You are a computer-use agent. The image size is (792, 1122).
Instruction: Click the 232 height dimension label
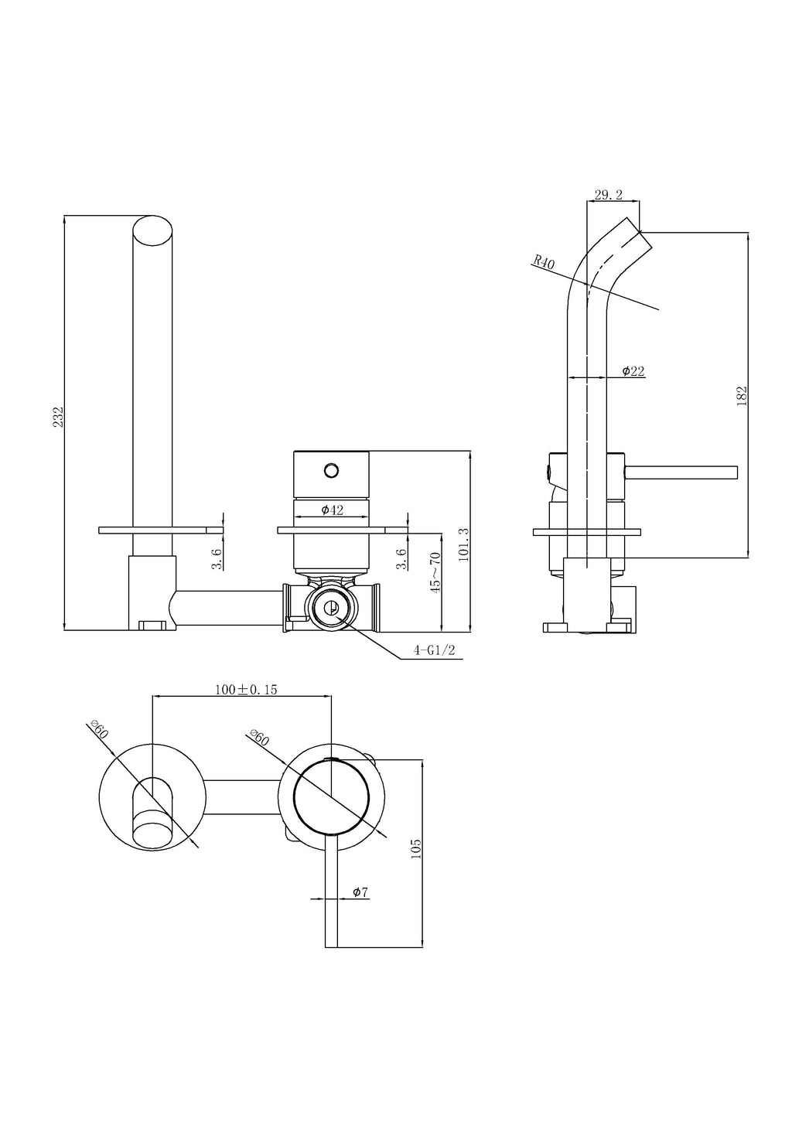[x=58, y=418]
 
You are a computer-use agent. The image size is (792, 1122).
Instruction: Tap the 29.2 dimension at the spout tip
[x=609, y=196]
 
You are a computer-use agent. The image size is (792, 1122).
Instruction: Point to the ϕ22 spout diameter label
[x=633, y=371]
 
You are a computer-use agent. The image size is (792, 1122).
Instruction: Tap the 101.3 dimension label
[x=463, y=544]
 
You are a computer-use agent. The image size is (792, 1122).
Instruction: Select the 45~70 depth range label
[x=435, y=573]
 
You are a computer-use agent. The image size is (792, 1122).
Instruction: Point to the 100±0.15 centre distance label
[x=246, y=690]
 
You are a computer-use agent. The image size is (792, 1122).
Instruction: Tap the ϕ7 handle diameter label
[x=360, y=892]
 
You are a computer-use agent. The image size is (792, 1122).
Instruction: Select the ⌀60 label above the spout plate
[x=99, y=729]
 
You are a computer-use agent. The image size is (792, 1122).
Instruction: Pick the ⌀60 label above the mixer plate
[x=260, y=737]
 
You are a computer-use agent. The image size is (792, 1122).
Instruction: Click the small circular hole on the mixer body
[x=331, y=469]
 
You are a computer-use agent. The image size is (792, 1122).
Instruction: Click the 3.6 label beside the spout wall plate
[x=217, y=559]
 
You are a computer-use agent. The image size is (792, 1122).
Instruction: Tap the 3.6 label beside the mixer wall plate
[x=401, y=559]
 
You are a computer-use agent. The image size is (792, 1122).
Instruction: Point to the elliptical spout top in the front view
[x=153, y=231]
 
